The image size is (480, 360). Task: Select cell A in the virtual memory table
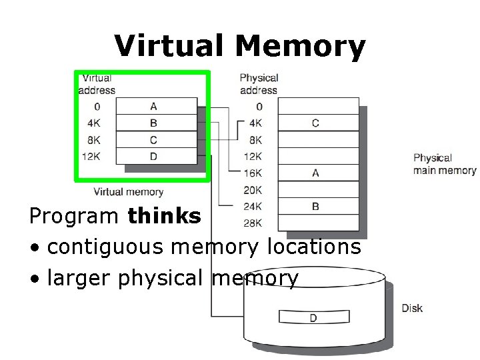tap(154, 107)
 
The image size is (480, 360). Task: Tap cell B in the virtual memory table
tap(154, 123)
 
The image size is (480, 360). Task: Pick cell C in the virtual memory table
tap(154, 140)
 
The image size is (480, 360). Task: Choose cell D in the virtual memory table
tap(154, 157)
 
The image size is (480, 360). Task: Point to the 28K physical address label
tap(253, 223)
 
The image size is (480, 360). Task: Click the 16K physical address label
tap(253, 173)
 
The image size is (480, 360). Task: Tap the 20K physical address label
tap(253, 189)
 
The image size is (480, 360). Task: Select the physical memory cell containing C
tap(315, 123)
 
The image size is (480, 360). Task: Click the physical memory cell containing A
tap(315, 173)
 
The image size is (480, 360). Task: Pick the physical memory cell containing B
tap(315, 206)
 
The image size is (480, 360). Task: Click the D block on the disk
tap(313, 318)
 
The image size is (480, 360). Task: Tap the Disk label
tap(412, 309)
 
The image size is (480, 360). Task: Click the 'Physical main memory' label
tap(444, 165)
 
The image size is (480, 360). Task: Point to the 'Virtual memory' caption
tap(128, 192)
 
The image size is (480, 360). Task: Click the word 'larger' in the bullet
tap(81, 277)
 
